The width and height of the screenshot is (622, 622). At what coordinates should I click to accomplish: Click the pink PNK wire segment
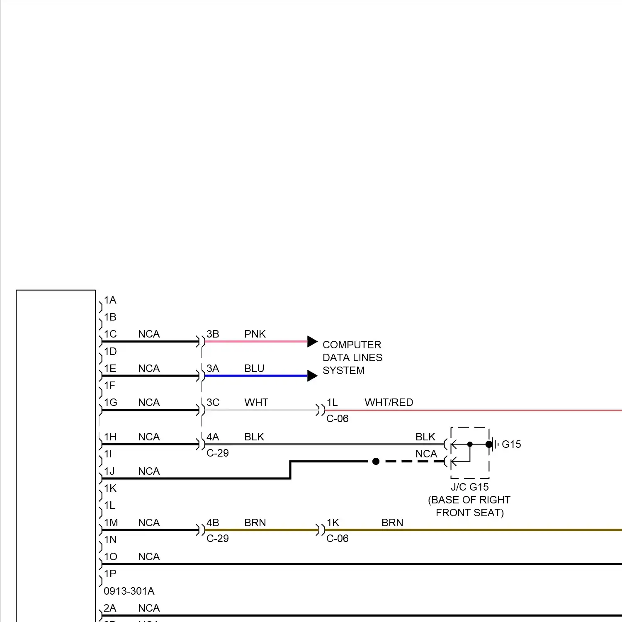[255, 342]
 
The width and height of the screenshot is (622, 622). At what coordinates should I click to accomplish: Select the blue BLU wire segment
[255, 376]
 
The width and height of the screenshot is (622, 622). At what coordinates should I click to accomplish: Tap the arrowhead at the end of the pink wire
[312, 342]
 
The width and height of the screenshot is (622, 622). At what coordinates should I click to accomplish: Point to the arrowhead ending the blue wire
[312, 376]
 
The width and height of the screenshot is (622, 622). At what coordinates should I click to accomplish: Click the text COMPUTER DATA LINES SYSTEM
[352, 357]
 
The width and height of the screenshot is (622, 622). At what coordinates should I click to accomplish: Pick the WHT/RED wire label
[389, 403]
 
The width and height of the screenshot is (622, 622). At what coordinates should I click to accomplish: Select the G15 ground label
[511, 445]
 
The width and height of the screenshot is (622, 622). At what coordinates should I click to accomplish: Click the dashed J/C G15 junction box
[470, 452]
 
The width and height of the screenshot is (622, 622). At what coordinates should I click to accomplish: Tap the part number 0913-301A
[129, 591]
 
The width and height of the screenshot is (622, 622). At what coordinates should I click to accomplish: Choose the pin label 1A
[110, 300]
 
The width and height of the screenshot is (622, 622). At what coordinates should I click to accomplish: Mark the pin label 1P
[110, 574]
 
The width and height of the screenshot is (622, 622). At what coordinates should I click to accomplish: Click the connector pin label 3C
[213, 403]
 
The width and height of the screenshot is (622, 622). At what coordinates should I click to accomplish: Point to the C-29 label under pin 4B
[218, 539]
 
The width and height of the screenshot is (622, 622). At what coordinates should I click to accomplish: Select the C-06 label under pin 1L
[338, 419]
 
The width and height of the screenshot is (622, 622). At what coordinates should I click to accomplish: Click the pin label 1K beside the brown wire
[333, 523]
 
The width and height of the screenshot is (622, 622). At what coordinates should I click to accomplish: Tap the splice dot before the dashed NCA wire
[376, 462]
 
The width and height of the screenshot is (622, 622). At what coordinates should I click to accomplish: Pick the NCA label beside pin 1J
[149, 471]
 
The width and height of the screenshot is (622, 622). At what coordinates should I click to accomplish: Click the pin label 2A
[110, 608]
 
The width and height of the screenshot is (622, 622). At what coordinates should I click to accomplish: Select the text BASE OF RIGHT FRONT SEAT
[469, 506]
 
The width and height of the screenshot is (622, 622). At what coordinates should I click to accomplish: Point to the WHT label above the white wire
[256, 403]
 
